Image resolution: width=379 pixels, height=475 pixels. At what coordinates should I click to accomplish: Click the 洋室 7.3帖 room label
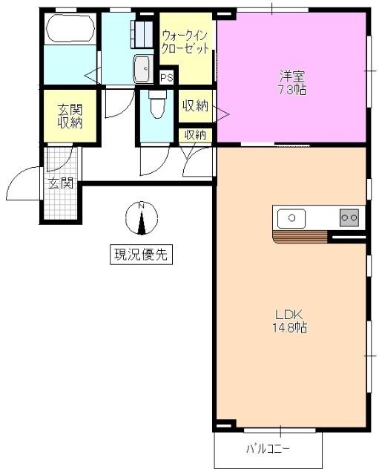point(291,82)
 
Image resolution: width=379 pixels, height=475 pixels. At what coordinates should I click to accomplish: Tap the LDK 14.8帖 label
point(290,320)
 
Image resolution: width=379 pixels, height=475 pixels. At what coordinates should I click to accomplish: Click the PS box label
point(167,77)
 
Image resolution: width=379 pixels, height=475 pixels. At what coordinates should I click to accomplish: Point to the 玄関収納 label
point(70,117)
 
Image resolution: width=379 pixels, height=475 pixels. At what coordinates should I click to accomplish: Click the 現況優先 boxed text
point(140,255)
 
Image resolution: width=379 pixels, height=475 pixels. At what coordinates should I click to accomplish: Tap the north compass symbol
point(142,218)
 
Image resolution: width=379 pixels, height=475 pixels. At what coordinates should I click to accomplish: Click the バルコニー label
point(268,449)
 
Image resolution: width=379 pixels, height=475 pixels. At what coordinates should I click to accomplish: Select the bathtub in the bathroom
point(70,30)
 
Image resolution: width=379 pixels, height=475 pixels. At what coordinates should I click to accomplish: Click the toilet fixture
point(156,105)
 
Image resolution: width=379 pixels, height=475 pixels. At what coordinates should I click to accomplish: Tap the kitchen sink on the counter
point(291,218)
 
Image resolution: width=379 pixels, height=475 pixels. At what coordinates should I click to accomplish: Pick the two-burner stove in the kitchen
point(349,217)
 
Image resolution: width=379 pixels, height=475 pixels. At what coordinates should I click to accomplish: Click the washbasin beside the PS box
point(141,69)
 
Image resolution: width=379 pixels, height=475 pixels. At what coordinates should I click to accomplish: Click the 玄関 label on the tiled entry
point(61,183)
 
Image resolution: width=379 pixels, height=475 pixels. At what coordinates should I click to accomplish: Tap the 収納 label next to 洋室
point(195,105)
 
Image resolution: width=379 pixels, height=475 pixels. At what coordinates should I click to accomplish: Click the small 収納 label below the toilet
point(195,134)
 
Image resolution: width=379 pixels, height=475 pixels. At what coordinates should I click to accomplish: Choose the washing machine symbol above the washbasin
point(142,33)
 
